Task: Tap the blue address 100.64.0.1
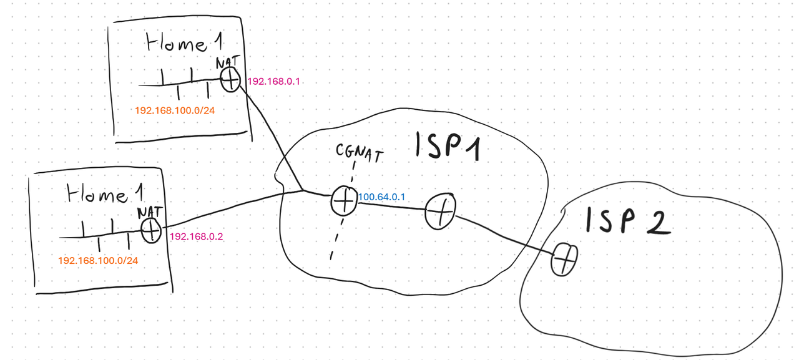(x=382, y=197)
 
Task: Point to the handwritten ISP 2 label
(x=627, y=221)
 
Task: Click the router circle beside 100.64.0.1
(x=343, y=201)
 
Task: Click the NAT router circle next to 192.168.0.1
(x=231, y=80)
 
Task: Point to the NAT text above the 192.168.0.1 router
(x=227, y=63)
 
